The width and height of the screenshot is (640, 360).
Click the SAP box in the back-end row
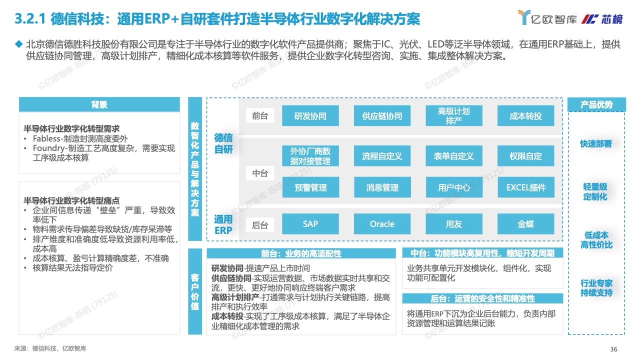coord(310,224)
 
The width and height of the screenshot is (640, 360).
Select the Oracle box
coord(382,224)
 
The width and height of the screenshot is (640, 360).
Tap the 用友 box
coord(454,224)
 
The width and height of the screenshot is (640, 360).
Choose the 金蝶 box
coord(525,224)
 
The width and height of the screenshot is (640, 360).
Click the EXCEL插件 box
coord(526,187)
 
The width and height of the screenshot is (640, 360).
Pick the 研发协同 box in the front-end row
coord(310,115)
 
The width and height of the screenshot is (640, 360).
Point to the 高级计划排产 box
coord(454,115)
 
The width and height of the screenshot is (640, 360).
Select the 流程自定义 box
coord(382,156)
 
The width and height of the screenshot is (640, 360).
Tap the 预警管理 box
coord(310,187)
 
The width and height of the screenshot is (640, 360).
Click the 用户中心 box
coord(454,187)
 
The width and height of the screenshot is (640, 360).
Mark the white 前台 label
coord(260,115)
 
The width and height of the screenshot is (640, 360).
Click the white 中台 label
coord(260,173)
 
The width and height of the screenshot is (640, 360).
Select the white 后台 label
coord(260,225)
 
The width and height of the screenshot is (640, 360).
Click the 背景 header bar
coord(99,104)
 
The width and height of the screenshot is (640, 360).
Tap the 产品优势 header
coord(596,104)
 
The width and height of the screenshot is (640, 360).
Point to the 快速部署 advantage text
coord(596,143)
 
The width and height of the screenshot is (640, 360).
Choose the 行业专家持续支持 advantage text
coord(596,288)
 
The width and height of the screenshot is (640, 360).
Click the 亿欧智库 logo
coord(547,18)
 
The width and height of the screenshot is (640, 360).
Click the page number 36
coord(613,349)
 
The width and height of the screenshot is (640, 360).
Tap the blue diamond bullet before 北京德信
coord(19,44)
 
